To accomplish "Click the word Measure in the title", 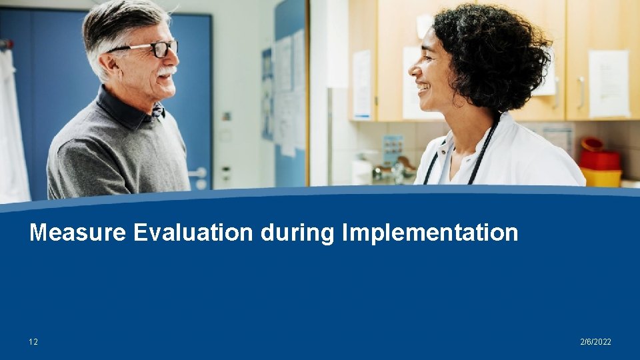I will (x=77, y=233).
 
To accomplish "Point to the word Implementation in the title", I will (x=430, y=233).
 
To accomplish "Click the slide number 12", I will (x=33, y=342).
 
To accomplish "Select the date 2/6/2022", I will (x=595, y=342).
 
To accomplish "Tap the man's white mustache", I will (x=167, y=70).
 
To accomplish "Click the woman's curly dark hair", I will (x=493, y=53).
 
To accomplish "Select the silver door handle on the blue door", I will (x=198, y=173).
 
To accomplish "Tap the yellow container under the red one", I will (x=601, y=177).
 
